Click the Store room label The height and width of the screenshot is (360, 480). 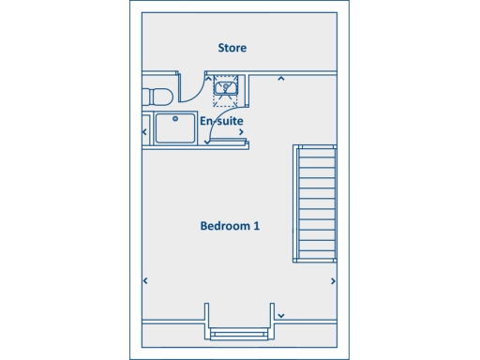pos(232,48)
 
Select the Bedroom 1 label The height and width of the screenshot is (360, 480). pos(230,226)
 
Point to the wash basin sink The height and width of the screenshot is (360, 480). pos(226,88)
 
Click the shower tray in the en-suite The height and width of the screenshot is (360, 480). pos(174,128)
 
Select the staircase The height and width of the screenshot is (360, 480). pos(315,203)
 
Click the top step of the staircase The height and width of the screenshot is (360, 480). pos(315,151)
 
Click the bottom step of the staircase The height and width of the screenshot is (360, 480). pos(315,254)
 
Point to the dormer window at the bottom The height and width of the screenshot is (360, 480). pos(239,334)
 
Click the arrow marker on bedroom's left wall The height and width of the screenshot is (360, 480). pos(145,280)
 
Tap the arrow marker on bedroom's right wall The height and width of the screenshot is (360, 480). pos(333,280)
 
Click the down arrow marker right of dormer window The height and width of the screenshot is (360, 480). pos(280,316)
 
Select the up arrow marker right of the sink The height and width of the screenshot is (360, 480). pos(280,79)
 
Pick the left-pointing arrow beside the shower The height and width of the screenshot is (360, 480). pos(144,132)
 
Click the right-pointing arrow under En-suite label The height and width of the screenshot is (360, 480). pos(242,132)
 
